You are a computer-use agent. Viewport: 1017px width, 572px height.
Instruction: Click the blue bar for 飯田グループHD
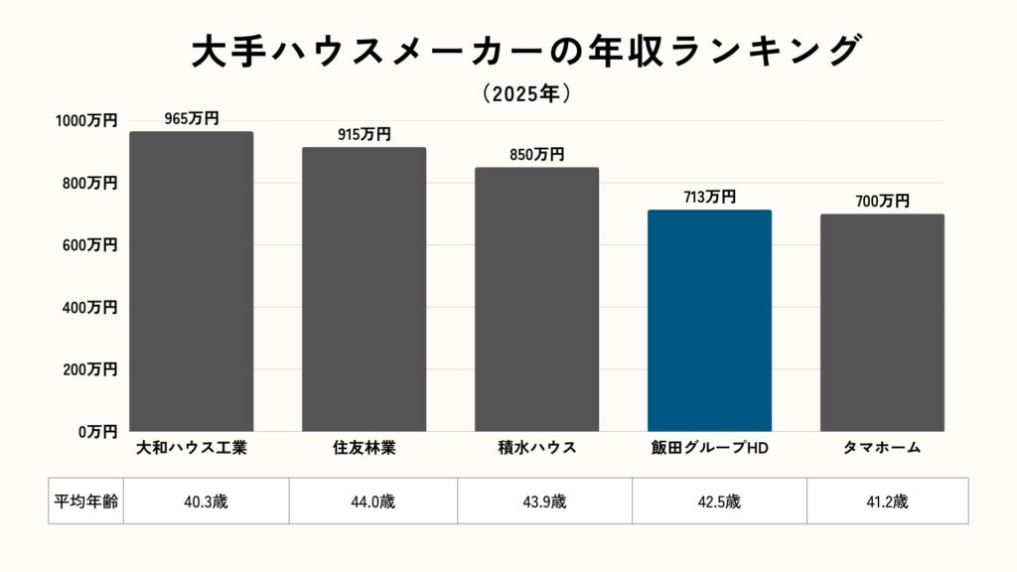[x=709, y=320]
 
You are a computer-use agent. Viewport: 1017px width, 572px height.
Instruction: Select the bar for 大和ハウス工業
[x=192, y=281]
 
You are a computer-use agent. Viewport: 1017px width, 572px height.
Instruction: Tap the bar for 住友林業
[x=363, y=289]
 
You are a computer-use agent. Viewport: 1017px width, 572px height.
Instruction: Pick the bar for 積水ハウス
[x=536, y=299]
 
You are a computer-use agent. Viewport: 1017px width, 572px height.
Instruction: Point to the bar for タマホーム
[x=882, y=323]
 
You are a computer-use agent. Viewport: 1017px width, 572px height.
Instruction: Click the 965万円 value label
[x=192, y=119]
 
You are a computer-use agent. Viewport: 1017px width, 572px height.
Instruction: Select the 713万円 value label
[x=709, y=198]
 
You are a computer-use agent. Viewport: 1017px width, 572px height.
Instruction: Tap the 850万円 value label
[x=536, y=155]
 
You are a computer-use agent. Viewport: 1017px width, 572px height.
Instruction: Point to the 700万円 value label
[x=882, y=202]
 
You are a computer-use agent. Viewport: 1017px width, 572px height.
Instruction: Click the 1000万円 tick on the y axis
[x=86, y=121]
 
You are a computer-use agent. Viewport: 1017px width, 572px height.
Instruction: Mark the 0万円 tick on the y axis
[x=98, y=432]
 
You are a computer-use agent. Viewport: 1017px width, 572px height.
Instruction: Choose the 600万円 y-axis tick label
[x=90, y=245]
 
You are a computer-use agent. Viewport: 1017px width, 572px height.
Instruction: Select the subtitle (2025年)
[x=525, y=94]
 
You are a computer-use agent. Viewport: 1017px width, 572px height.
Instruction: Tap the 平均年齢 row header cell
[x=85, y=500]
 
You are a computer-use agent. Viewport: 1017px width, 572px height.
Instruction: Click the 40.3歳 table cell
[x=207, y=500]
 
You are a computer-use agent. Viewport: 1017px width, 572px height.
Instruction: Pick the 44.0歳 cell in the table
[x=373, y=500]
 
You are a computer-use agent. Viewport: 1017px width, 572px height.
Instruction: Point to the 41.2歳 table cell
[x=887, y=500]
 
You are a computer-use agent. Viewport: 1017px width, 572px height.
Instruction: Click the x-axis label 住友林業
[x=363, y=448]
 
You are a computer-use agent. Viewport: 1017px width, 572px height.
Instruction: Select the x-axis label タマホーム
[x=882, y=448]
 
